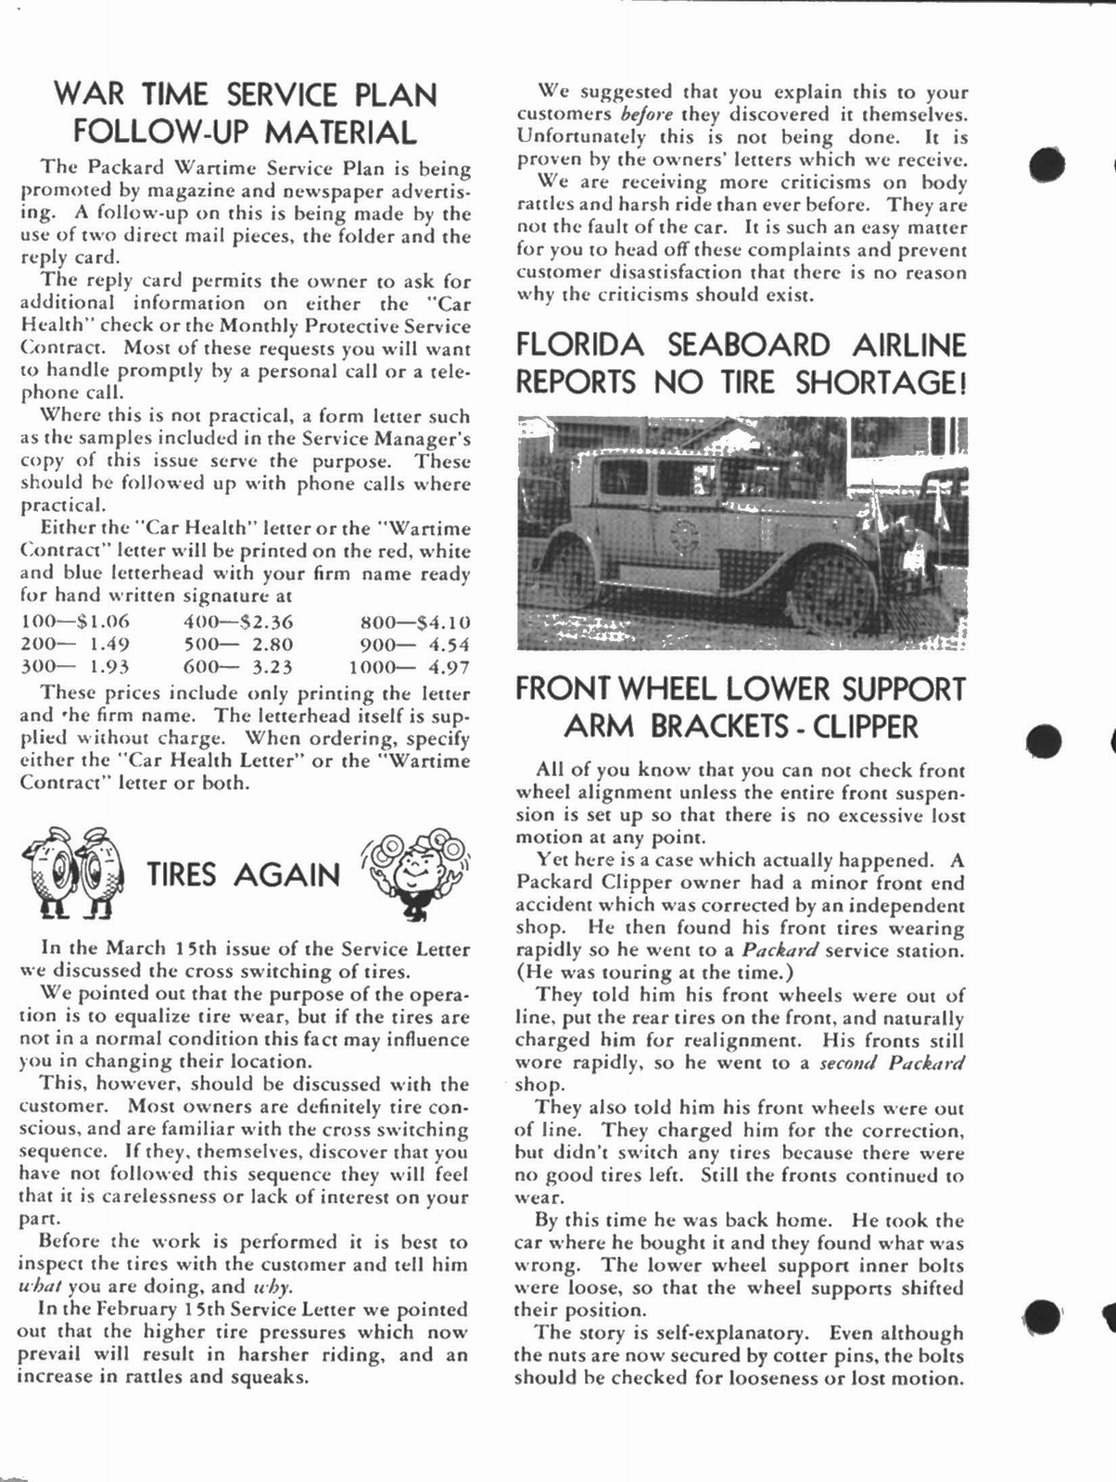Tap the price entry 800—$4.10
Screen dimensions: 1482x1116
pyautogui.click(x=414, y=622)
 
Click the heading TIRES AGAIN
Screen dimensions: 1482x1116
pyautogui.click(x=244, y=874)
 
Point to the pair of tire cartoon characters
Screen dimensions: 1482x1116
pyautogui.click(x=72, y=873)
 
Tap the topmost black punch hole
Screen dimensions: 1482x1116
pyautogui.click(x=1046, y=164)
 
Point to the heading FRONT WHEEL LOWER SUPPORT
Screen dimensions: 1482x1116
pyautogui.click(x=741, y=689)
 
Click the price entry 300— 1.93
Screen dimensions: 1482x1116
pyautogui.click(x=75, y=667)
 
